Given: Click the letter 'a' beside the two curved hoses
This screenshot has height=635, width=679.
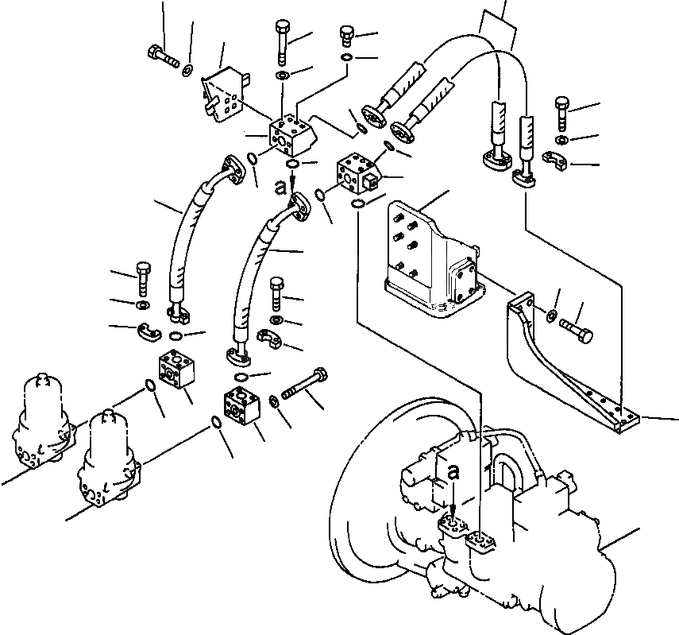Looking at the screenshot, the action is (x=281, y=188).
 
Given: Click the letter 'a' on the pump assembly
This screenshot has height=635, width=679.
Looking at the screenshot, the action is (x=453, y=471).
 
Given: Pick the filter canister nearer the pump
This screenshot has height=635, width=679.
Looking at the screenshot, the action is (x=108, y=458).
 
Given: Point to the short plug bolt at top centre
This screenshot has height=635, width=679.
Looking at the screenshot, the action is (x=345, y=36).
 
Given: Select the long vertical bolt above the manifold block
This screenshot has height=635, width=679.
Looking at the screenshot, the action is (x=282, y=41).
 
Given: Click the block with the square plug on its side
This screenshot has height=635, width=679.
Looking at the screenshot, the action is (x=358, y=172).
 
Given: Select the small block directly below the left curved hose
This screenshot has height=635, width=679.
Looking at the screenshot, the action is (x=176, y=370).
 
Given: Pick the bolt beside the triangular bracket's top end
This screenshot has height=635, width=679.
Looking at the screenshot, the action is (x=576, y=331).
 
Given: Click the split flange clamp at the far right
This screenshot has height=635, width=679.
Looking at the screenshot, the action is (x=555, y=161).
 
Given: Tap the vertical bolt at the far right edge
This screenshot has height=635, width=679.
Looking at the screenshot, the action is (x=561, y=114).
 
